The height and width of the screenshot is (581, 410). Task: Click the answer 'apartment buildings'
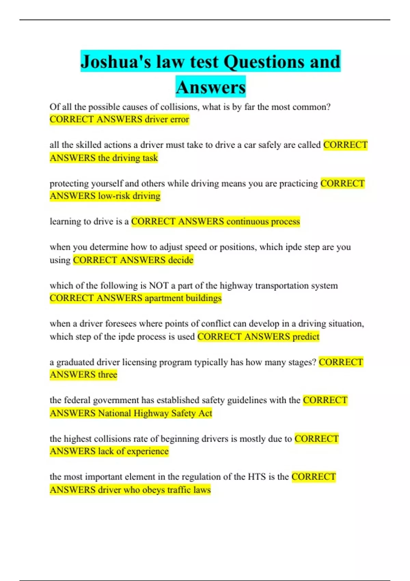tap(183, 298)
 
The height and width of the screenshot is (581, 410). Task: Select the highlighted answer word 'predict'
tap(306, 337)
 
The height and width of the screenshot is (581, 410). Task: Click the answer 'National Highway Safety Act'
tap(155, 413)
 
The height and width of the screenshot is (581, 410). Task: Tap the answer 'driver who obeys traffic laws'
tap(154, 490)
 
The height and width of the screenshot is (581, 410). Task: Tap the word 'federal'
tap(77, 400)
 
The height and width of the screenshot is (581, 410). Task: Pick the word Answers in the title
tap(211, 87)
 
